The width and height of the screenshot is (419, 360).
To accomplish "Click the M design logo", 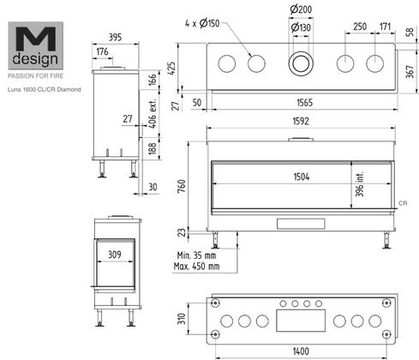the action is click(35, 45).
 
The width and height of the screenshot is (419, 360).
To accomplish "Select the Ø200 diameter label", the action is click(301, 9).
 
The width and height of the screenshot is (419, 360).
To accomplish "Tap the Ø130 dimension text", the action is click(301, 27).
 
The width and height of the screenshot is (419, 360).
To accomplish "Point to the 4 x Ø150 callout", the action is click(202, 23).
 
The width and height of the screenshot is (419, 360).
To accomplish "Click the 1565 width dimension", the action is click(305, 103).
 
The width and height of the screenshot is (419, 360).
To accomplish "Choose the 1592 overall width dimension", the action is click(301, 121).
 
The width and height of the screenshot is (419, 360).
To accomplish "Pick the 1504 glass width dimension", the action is click(302, 177).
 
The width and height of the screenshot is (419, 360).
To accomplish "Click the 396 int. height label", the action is click(360, 184).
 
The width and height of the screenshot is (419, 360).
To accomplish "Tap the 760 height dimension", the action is click(182, 186).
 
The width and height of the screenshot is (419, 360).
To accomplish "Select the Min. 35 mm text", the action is click(196, 255).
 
